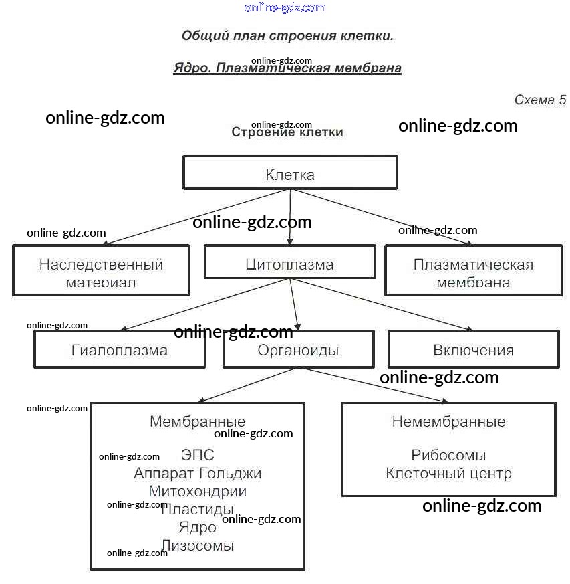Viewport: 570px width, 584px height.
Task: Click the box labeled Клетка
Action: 290,174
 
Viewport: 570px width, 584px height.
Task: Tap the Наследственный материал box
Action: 101,271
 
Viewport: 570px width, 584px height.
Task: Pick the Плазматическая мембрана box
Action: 473,271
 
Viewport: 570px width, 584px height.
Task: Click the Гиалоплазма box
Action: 120,350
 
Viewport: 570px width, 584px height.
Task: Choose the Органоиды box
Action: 298,350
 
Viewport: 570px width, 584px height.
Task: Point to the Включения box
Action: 473,350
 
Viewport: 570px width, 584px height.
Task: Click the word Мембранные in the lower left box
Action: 197,422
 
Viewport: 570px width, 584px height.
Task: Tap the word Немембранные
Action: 448,422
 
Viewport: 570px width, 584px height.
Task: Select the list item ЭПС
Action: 198,456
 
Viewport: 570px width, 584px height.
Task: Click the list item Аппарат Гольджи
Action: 197,474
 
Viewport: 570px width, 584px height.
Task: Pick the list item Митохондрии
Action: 197,492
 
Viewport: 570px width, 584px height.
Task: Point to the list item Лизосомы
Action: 197,546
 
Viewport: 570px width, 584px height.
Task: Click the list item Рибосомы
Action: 448,456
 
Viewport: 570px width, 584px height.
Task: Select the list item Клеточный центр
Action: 448,474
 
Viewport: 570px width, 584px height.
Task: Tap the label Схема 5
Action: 540,100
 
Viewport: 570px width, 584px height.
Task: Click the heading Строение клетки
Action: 287,132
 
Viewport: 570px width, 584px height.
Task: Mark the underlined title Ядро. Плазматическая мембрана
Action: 287,68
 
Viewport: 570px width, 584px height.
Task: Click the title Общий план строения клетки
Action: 287,36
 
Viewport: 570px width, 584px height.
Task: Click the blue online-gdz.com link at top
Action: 285,8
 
